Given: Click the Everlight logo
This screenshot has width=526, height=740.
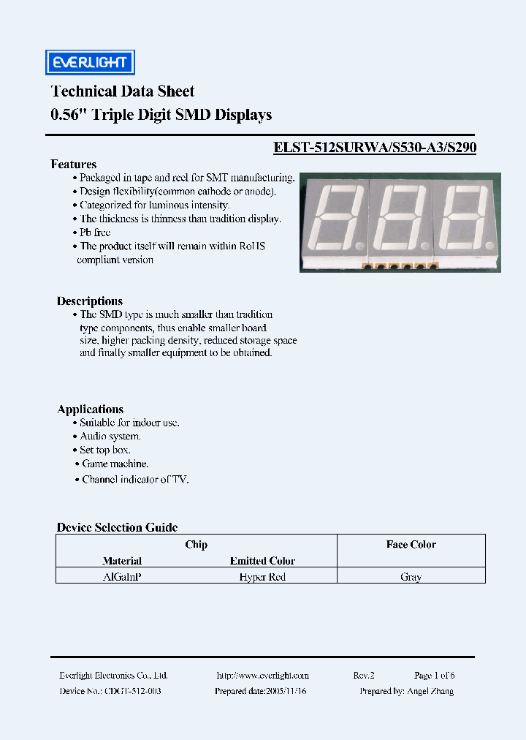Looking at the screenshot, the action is (90, 63).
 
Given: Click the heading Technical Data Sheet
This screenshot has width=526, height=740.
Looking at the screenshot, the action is (122, 91).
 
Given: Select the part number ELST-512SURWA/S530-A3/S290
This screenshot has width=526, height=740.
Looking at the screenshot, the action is (375, 147).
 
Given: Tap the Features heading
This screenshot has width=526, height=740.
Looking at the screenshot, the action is (73, 165).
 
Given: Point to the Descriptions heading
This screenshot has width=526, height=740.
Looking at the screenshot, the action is (90, 301).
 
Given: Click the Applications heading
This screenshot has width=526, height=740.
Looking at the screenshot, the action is (90, 409).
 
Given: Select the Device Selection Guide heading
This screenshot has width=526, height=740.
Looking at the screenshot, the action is (117, 527).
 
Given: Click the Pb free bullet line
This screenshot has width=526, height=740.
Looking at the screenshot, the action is (95, 233).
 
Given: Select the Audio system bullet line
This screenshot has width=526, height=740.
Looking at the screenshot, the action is (110, 437).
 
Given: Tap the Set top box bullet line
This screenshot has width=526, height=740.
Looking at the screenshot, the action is (104, 450).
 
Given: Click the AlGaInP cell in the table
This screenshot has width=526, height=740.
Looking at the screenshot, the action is (122, 577).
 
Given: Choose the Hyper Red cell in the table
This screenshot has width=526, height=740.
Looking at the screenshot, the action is (262, 577).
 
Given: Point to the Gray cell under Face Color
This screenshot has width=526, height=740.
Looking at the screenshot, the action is (411, 577).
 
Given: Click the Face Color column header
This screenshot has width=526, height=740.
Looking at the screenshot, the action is (411, 545).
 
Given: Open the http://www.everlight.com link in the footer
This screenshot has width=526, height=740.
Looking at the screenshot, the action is (263, 676).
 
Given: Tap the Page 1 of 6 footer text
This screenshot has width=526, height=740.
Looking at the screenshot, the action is (434, 676).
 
